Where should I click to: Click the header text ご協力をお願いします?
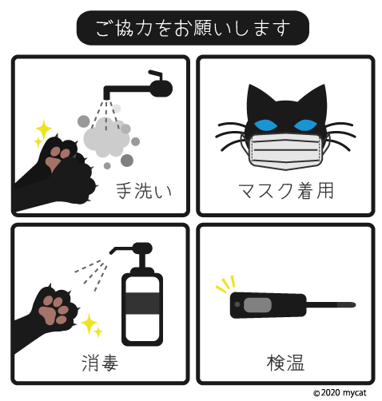tap(192, 28)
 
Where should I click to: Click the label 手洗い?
tap(144, 191)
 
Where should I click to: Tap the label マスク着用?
tap(286, 191)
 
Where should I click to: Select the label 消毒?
tap(100, 363)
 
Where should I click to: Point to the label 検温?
tap(286, 363)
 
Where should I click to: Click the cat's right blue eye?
tap(307, 125)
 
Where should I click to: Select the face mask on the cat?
tap(285, 150)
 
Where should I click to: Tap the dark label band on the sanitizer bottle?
tap(141, 304)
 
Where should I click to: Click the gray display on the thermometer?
tap(257, 305)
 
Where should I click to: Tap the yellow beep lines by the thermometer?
tap(225, 284)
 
